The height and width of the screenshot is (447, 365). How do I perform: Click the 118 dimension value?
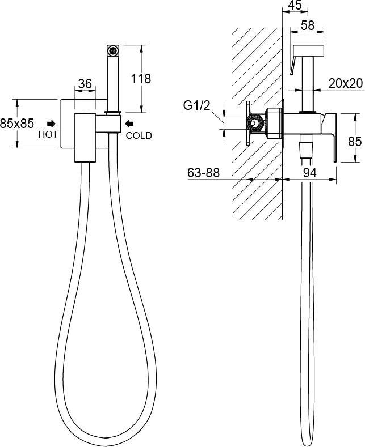click(141, 78)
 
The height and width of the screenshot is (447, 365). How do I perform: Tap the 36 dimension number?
click(85, 84)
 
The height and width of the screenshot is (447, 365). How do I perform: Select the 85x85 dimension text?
click(17, 124)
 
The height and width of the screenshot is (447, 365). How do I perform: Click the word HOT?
click(48, 134)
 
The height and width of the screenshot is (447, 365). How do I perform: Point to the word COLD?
click(139, 135)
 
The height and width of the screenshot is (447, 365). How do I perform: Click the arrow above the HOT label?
click(52, 124)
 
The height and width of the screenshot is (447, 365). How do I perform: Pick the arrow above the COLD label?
click(129, 124)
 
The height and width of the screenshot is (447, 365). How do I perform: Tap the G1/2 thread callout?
click(196, 106)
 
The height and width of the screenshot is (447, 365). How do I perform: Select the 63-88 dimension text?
click(203, 172)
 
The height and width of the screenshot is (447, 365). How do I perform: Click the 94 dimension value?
click(310, 172)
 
